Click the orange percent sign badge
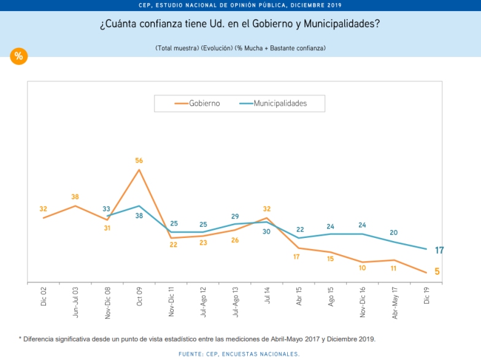point(18,56)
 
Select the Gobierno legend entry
point(197,104)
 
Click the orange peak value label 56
point(139,161)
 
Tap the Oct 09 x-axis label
point(139,297)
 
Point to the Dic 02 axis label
point(44,297)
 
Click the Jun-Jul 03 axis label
point(75,301)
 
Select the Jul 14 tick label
point(267,296)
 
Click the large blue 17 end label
point(439,250)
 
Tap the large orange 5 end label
point(437,272)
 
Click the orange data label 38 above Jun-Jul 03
point(75,197)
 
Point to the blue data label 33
point(106,209)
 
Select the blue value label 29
point(235,216)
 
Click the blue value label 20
point(394,232)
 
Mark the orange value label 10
point(363,267)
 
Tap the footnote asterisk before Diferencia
point(20,339)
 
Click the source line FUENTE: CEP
point(239,354)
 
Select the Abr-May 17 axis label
point(394,302)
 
